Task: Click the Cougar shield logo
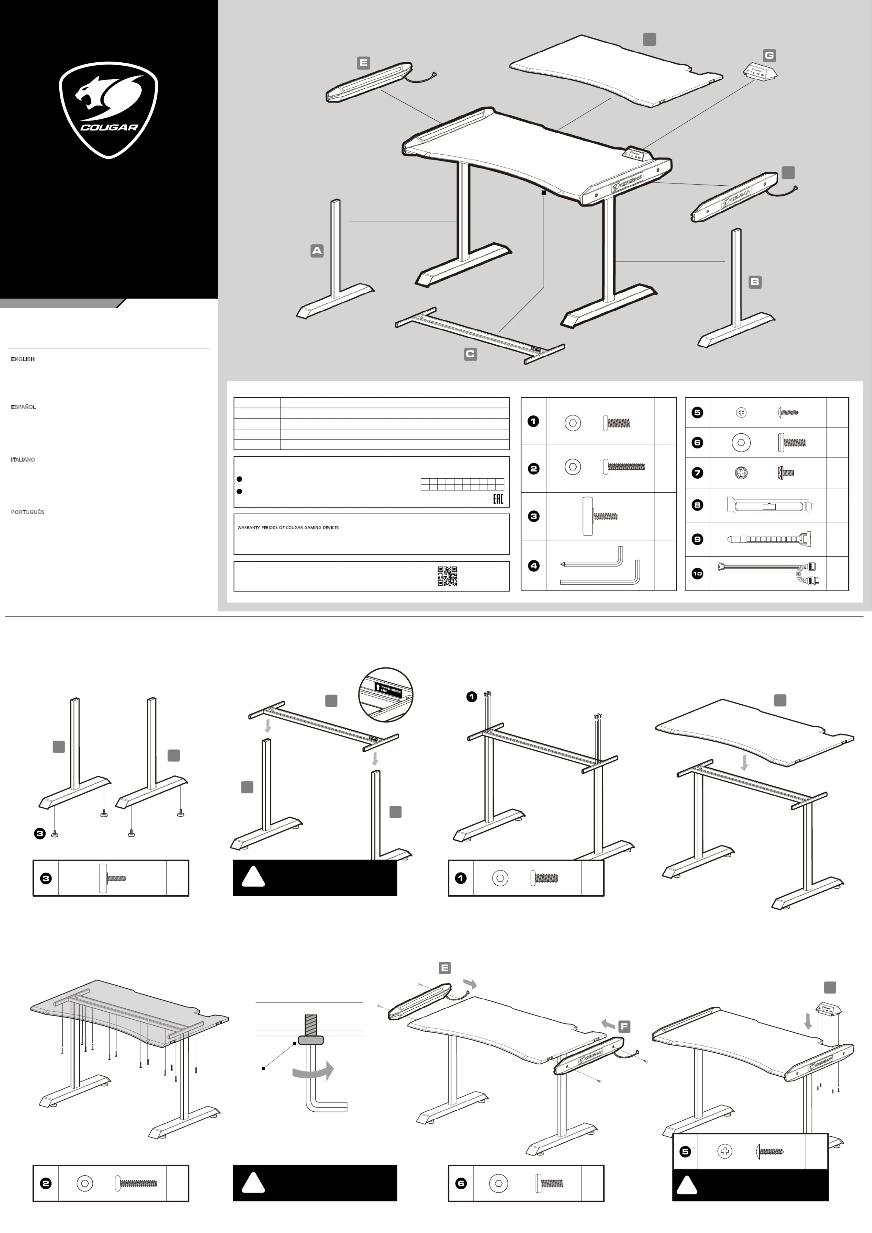point(108,110)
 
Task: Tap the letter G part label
point(769,55)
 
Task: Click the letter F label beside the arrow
point(624,1026)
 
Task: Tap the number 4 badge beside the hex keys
point(533,565)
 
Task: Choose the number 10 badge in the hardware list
point(697,574)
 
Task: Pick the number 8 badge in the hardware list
point(697,505)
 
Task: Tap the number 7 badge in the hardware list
point(697,473)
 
